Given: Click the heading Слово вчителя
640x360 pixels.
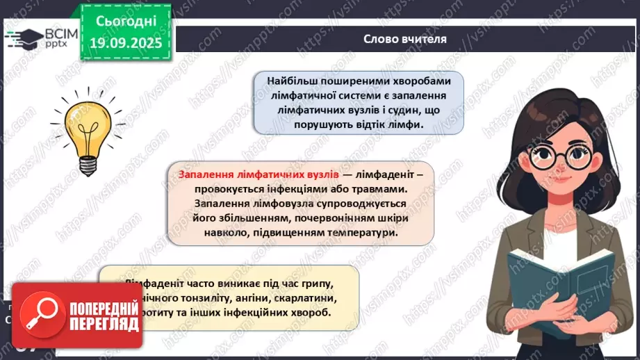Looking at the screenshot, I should (x=405, y=39).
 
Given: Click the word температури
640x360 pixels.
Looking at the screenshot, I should (x=363, y=233).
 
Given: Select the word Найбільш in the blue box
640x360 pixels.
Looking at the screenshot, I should (x=290, y=79).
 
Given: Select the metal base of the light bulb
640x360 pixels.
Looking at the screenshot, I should (x=88, y=165).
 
